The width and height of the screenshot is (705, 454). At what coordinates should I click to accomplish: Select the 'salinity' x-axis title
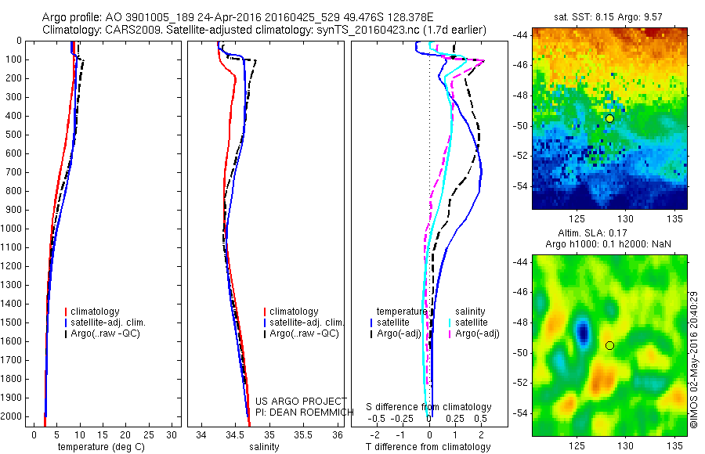[265, 447]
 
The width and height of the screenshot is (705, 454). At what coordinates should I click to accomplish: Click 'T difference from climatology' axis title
[428, 447]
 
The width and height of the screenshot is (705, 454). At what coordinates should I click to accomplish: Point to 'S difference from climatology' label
[429, 407]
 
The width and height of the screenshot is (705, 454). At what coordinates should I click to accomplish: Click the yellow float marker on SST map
[609, 118]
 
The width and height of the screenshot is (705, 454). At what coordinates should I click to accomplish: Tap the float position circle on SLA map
[609, 345]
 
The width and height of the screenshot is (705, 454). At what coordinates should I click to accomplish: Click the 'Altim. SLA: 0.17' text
[609, 233]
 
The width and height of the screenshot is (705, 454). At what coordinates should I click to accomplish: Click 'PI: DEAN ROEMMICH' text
[293, 412]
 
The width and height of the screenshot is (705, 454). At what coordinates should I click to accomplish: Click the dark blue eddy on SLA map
[582, 332]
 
